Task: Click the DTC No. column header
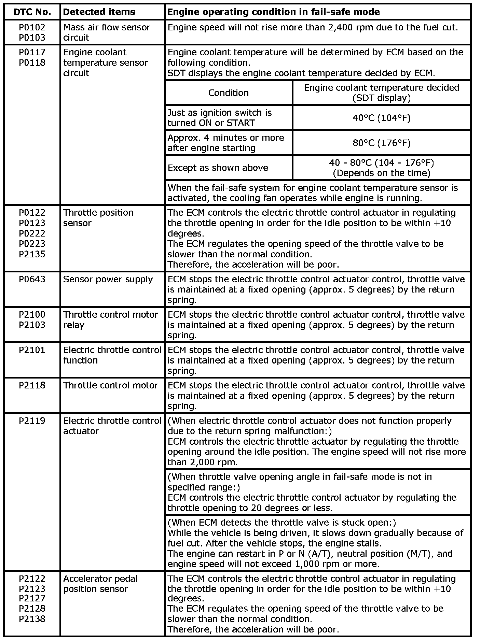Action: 32,12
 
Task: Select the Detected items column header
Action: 99,12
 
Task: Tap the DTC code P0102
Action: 32,27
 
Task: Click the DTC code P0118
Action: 32,63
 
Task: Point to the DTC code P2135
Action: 32,254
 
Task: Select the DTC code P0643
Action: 32,279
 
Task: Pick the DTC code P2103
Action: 32,325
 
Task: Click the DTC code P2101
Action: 32,350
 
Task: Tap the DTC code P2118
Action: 32,385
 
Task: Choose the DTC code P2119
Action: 32,421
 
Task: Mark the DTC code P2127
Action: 32,598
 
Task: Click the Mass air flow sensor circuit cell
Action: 107,32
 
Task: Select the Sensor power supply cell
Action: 108,279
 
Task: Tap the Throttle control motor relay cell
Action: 110,320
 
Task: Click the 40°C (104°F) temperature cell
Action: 381,118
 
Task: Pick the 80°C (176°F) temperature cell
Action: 381,143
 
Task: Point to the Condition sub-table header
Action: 228,93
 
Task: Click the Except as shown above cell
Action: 218,168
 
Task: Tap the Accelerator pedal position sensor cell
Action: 100,584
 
